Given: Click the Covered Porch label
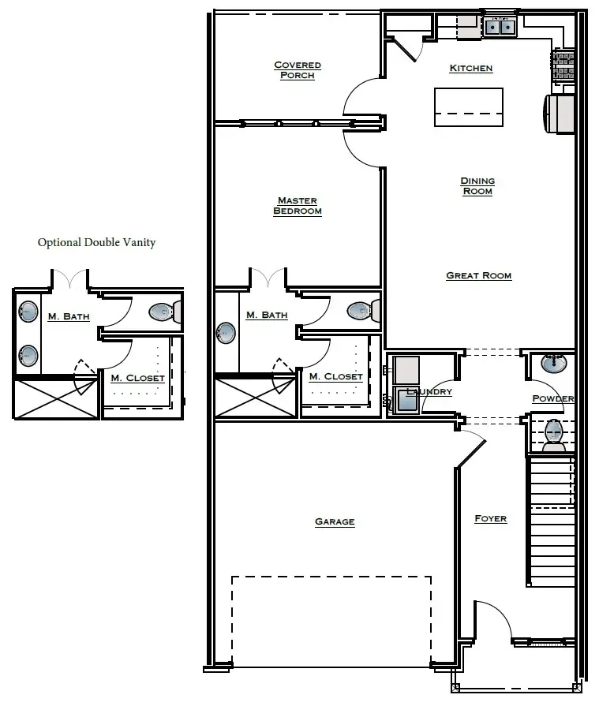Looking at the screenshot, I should pyautogui.click(x=298, y=70).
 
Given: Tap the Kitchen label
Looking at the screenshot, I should pyautogui.click(x=471, y=69).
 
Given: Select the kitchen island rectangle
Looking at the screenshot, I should pyautogui.click(x=469, y=106).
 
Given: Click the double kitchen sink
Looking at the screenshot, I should pyautogui.click(x=499, y=28).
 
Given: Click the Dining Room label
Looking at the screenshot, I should pyautogui.click(x=477, y=186).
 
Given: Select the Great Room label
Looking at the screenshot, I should pyautogui.click(x=478, y=275).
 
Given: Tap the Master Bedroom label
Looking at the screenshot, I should pyautogui.click(x=298, y=206).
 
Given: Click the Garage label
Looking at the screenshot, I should pyautogui.click(x=335, y=521).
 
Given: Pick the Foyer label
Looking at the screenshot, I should pyautogui.click(x=490, y=518).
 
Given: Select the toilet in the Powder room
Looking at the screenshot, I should pyautogui.click(x=554, y=433).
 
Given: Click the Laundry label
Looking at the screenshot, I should pyautogui.click(x=429, y=392).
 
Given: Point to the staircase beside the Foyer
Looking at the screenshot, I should pyautogui.click(x=551, y=521).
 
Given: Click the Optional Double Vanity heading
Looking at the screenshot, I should pyautogui.click(x=96, y=242).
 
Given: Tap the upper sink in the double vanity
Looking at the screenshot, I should pyautogui.click(x=28, y=312).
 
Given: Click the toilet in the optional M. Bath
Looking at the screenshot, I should pyautogui.click(x=163, y=312).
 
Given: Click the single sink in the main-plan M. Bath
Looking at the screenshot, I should pyautogui.click(x=226, y=331).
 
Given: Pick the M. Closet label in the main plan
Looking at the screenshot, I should pyautogui.click(x=335, y=377).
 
